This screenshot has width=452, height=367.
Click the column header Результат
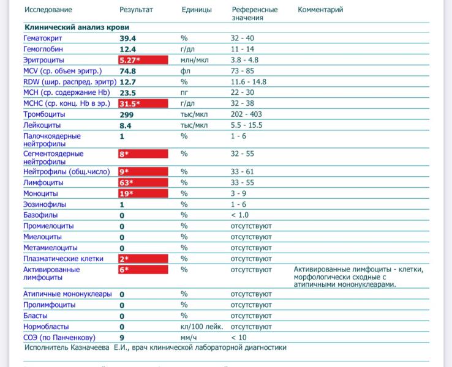point(136,10)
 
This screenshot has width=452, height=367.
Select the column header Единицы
point(197,10)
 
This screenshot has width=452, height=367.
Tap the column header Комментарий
point(320,10)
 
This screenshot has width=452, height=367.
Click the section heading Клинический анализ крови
point(77,28)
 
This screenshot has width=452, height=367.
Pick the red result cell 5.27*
point(143,60)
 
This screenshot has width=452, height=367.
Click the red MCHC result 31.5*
point(143,103)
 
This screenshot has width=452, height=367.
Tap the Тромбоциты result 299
point(127,114)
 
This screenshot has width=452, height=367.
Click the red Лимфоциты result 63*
point(143,183)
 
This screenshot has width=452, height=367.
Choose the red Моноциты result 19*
point(143,194)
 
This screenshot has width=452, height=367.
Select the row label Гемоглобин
point(43,49)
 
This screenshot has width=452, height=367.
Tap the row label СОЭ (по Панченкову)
point(59,338)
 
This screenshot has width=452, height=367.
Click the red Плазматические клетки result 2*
point(143,259)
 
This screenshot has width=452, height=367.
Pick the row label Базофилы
point(40,215)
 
